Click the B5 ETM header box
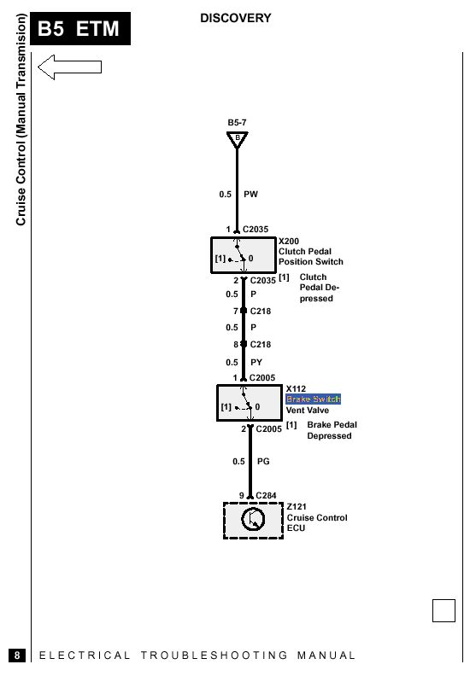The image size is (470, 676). point(80,28)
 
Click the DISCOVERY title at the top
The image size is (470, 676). point(236,18)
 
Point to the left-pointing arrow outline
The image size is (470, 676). point(69,67)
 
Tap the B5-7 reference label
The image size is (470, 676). point(237,122)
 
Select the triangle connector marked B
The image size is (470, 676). point(237,140)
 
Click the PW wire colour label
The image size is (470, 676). point(250,195)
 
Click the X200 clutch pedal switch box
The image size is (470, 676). point(244,255)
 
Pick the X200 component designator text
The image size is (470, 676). point(289,241)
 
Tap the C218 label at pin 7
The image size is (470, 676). point(261,311)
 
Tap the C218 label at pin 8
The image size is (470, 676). point(261,345)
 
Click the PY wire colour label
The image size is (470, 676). point(256,362)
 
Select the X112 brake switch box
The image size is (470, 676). point(250,403)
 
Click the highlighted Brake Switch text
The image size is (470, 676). point(314,399)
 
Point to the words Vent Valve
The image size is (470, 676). point(308,411)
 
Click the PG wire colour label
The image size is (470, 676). point(263,461)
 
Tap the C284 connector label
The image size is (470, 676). point(266,495)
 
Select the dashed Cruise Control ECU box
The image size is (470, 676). point(253,521)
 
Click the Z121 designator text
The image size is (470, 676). point(297,506)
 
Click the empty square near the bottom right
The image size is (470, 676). point(444,610)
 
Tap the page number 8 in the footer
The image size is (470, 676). point(17,656)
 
